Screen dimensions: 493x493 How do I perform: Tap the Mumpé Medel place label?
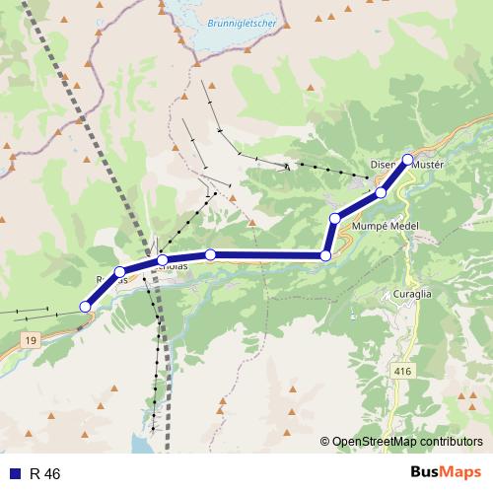(385, 226)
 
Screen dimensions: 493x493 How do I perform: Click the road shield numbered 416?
(401, 371)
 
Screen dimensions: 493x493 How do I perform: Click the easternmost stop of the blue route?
(407, 159)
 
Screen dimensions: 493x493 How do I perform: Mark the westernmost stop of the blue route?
(85, 308)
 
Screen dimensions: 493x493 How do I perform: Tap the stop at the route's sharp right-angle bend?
(325, 256)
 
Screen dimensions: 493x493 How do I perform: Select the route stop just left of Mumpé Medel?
(335, 218)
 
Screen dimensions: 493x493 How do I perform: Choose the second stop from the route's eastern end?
(381, 192)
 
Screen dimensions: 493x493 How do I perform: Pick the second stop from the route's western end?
(119, 272)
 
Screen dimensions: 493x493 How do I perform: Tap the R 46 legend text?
(45, 474)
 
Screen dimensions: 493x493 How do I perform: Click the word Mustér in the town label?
(429, 165)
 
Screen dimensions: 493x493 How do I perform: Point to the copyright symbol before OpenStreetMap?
(324, 442)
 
